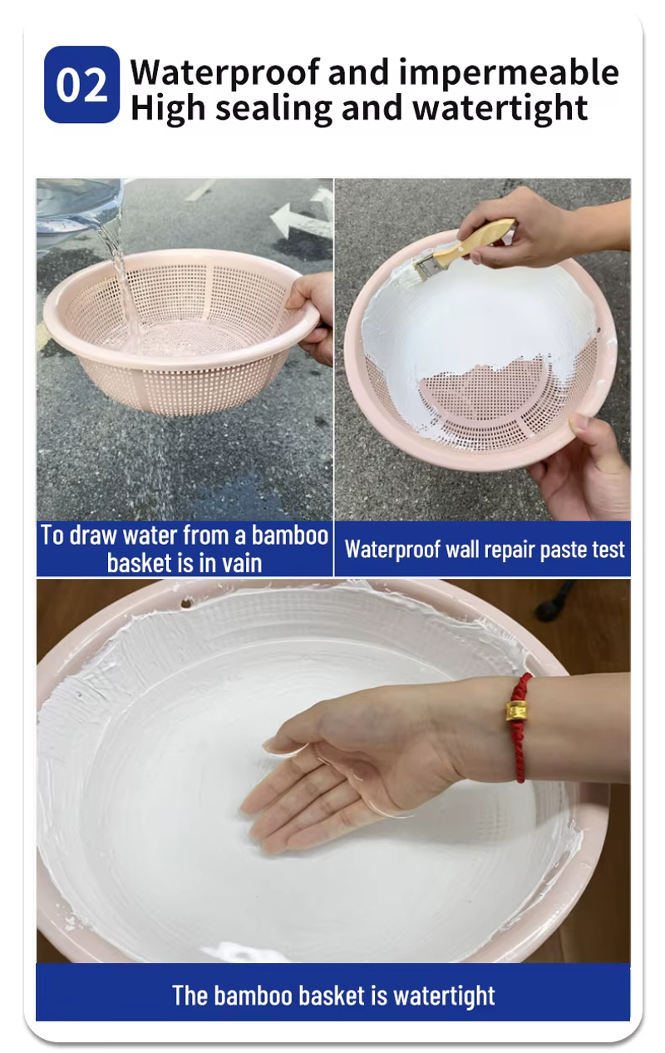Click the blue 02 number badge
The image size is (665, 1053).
point(81,85)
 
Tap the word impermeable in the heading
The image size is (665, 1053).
point(509,73)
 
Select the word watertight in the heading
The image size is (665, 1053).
point(500,108)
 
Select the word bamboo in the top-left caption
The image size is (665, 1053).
point(290,536)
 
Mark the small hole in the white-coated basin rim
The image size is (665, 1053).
point(187,602)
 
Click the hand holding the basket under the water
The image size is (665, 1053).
point(312,316)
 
